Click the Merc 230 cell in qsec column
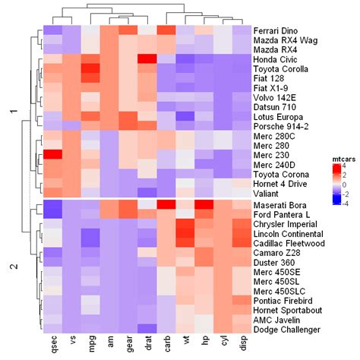tap(52, 155)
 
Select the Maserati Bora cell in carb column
tap(166, 205)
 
